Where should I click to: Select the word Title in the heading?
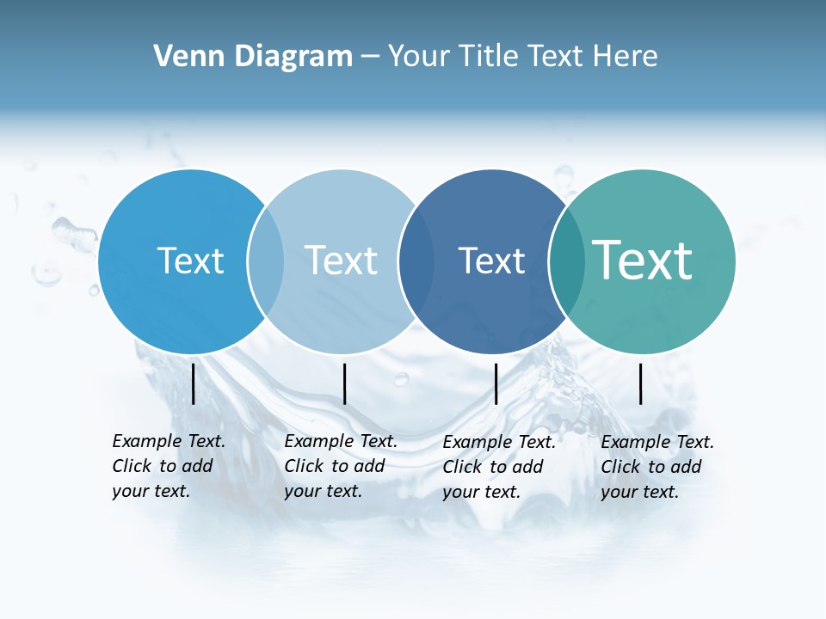490,57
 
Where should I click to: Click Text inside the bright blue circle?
190,260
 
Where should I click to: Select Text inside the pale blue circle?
341,260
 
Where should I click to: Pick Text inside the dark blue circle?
491,260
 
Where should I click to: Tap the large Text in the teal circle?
642,260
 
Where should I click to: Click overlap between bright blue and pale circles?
266,260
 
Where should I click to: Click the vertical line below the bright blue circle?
194,383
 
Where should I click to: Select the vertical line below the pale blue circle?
344,383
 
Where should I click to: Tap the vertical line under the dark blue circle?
496,383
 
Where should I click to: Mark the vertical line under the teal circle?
640,383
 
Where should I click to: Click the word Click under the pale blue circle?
303,466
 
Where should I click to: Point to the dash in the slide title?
370,57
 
